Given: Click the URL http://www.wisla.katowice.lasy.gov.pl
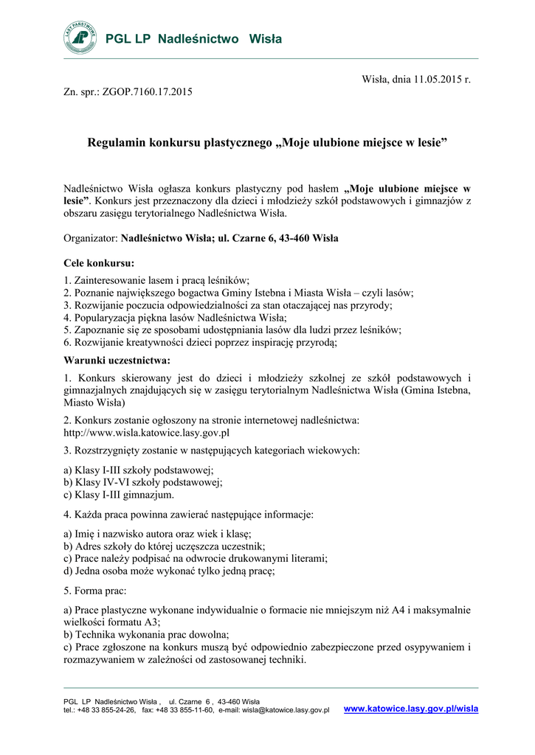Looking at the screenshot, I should [x=147, y=433].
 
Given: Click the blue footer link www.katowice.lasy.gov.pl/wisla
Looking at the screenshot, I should [x=411, y=709].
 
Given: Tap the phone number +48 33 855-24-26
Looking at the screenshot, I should [x=106, y=710].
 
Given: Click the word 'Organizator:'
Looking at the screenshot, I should [x=91, y=238].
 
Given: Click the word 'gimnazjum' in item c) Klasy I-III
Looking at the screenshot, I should [x=148, y=495].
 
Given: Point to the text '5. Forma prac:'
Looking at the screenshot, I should [x=95, y=591].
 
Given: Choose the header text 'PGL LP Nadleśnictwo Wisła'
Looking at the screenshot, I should [x=193, y=39].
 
